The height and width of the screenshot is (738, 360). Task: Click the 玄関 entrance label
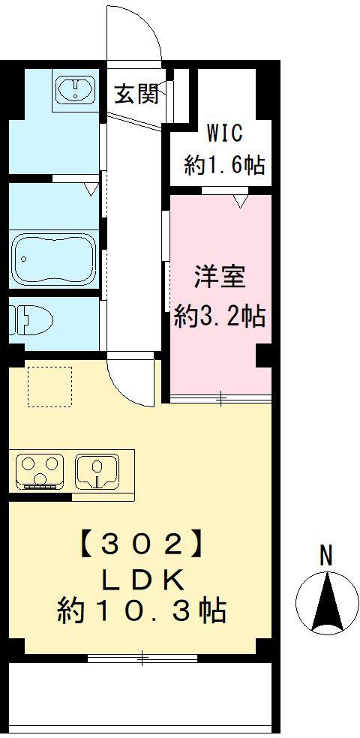pyautogui.click(x=136, y=94)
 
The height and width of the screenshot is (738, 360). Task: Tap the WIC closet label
pyautogui.click(x=224, y=133)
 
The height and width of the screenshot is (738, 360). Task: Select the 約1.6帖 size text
pyautogui.click(x=224, y=165)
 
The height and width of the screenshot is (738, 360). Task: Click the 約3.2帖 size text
pyautogui.click(x=219, y=316)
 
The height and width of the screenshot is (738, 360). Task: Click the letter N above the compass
pyautogui.click(x=325, y=556)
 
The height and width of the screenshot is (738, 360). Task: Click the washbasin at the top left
pyautogui.click(x=74, y=91)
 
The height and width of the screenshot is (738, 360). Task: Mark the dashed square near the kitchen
pyautogui.click(x=49, y=386)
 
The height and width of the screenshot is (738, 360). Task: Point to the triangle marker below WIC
pyautogui.click(x=240, y=201)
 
